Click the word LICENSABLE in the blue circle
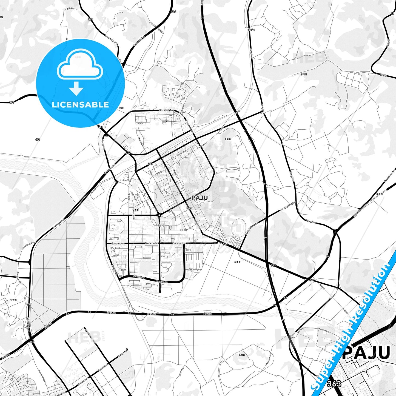pos(80,105)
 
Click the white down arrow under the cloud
pos(76,88)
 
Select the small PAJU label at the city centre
pos(200,198)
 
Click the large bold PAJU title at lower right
pos(366,353)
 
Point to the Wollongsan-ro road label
pos(112,41)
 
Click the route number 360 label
pos(12,102)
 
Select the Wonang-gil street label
pos(182,152)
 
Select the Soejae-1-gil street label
pos(194,270)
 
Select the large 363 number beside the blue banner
pos(334,383)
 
